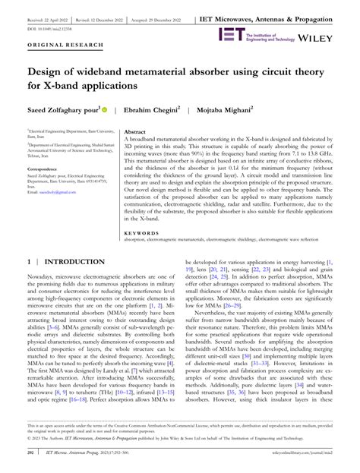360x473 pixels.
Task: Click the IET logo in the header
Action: pos(230,34)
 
